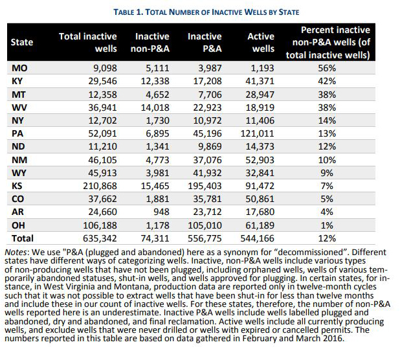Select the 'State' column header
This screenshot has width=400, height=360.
22,42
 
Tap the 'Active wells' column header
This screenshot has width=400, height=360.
261,42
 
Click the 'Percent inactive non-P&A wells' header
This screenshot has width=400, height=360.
328,42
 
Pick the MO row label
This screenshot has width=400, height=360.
19,68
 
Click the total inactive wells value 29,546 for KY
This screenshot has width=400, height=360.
102,81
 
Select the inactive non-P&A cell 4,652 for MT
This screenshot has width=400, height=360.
157,95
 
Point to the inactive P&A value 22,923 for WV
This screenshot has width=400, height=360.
207,107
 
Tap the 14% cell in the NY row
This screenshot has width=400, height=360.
327,120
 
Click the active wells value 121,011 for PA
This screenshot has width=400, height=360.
258,133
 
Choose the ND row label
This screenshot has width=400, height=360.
18,146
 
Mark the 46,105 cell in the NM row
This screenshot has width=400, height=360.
102,160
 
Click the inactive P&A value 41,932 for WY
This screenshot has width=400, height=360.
207,173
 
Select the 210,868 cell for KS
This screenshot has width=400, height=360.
100,186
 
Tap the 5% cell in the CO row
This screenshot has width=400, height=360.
327,199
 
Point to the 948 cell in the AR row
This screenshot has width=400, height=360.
161,212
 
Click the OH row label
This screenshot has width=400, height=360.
18,225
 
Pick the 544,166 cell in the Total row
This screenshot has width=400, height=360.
258,238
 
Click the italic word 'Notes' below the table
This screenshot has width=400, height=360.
16,253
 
